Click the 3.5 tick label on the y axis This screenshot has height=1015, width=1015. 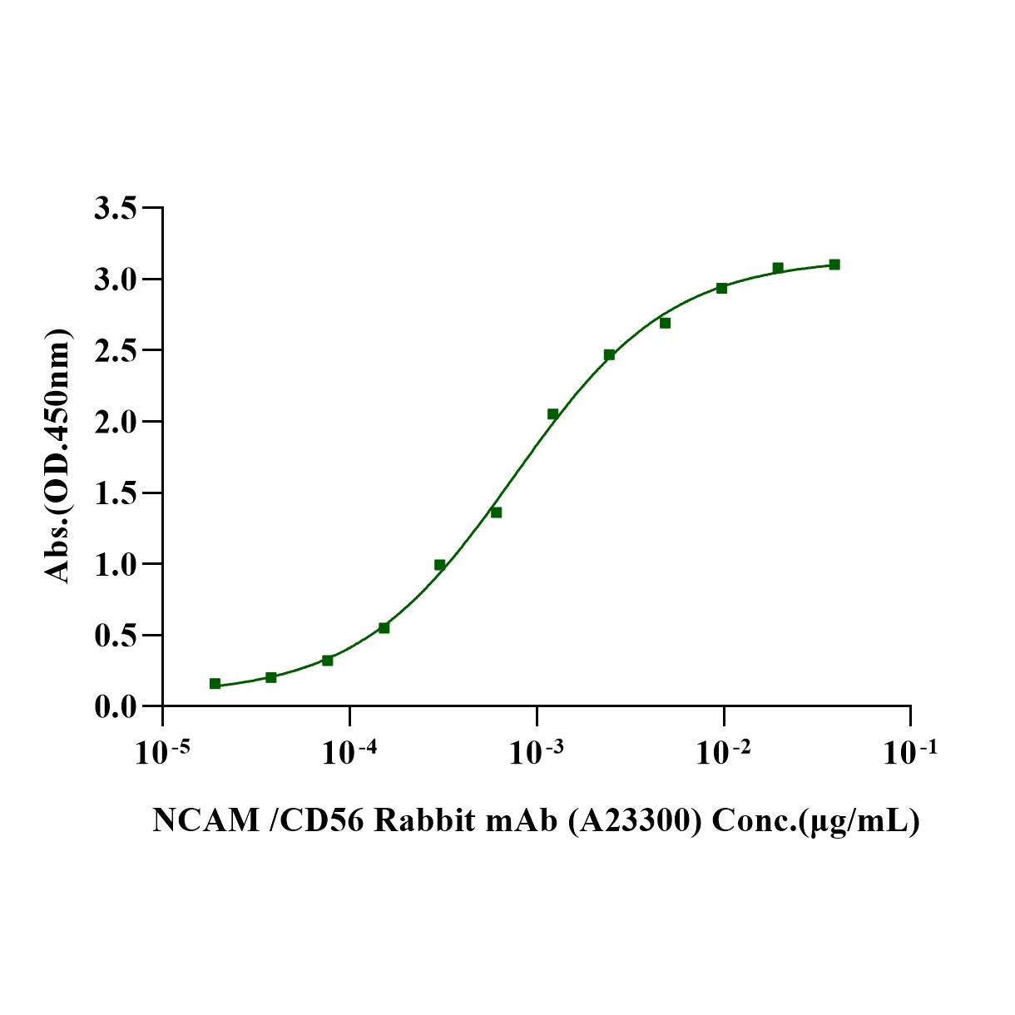pos(115,208)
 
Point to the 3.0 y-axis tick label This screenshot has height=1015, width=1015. pos(115,279)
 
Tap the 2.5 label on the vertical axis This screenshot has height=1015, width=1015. pos(115,350)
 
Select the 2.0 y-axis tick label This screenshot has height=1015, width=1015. pos(115,422)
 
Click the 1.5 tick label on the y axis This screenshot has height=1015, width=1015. pos(115,493)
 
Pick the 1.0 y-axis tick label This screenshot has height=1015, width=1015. pos(115,564)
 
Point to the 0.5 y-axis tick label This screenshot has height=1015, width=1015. pos(115,636)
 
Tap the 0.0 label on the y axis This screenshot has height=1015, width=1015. pos(115,707)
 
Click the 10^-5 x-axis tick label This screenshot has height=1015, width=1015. pos(161,752)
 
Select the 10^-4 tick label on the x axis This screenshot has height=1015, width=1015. pos(349,752)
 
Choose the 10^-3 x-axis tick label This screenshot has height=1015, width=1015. pos(536,752)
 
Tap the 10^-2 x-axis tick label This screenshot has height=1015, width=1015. pos(723,752)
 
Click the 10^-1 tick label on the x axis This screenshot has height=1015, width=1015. pos(910,752)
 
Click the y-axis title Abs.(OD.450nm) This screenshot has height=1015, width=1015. pos(57,456)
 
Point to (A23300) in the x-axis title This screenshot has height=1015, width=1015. pos(636,821)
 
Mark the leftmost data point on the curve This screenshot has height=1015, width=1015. pos(215,684)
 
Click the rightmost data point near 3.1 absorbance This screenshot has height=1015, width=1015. pos(834,265)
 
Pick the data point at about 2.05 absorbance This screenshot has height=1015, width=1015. pos(552,414)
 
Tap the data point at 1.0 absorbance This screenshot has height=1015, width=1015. pos(439,565)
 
